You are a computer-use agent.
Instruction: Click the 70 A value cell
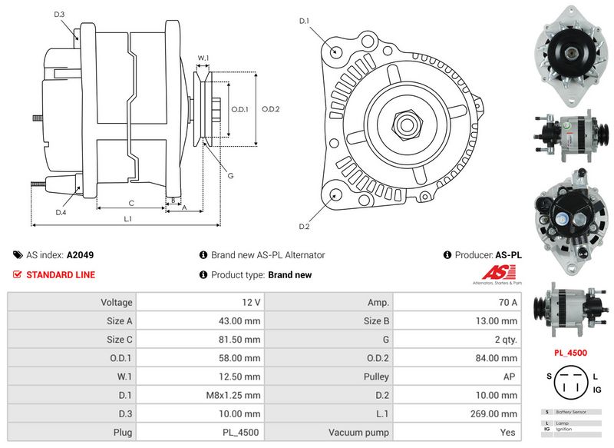tap(458, 303)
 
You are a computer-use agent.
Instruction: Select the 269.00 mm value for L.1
tap(458, 413)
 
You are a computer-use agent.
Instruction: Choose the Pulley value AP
tap(458, 377)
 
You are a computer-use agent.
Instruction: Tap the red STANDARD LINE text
tap(61, 274)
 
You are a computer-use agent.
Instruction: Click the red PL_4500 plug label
tap(569, 353)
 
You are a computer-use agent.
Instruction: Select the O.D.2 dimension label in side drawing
tap(270, 109)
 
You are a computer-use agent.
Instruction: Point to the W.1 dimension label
tap(203, 58)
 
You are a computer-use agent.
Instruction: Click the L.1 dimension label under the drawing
tap(128, 220)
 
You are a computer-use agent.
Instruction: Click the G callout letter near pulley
tap(230, 176)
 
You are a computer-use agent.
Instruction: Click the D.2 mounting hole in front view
tap(335, 194)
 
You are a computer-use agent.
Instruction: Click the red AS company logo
tap(503, 274)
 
